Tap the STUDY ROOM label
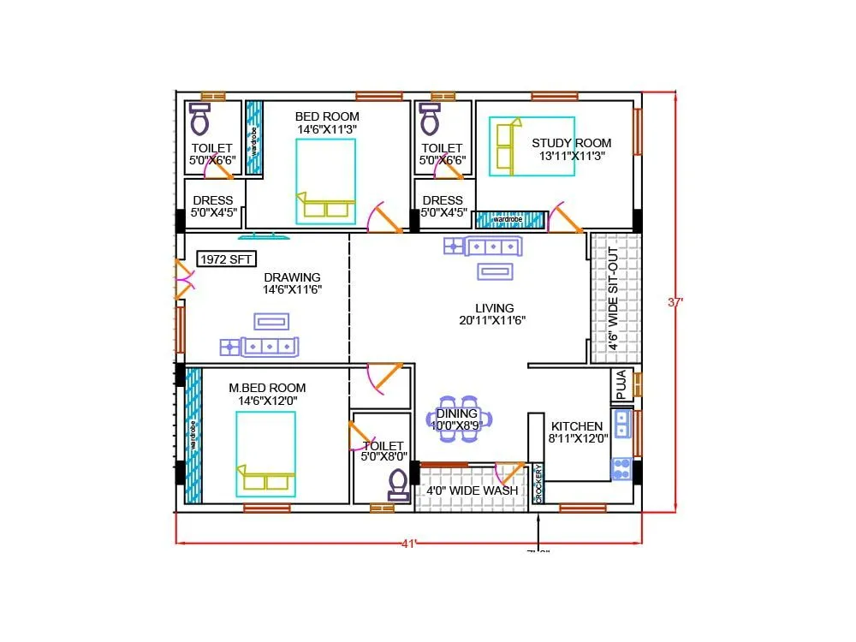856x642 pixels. [571, 143]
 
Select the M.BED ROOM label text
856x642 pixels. [267, 388]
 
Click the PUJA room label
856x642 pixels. [621, 384]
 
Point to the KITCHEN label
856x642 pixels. [576, 426]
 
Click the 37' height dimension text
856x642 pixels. [676, 301]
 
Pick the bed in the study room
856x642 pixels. [531, 146]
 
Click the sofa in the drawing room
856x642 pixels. [270, 347]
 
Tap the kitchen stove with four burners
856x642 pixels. [621, 469]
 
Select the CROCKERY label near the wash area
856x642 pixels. [538, 484]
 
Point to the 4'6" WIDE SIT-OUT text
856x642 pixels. [613, 296]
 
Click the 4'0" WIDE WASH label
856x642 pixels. [472, 491]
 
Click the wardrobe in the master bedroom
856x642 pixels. [193, 434]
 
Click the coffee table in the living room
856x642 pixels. [496, 272]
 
